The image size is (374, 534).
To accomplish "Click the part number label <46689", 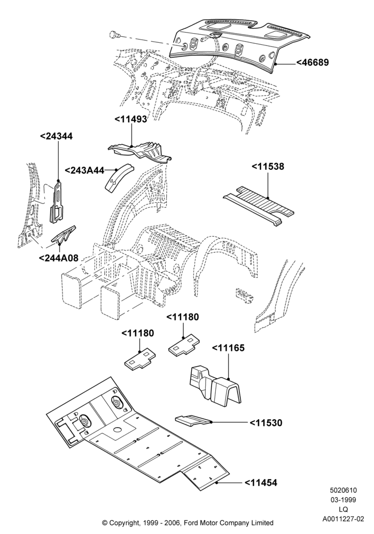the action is tap(313, 62).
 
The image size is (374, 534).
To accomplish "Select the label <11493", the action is tap(130, 119).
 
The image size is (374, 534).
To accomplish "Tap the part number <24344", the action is tap(56, 136).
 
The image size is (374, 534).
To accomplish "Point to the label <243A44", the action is tap(84, 170).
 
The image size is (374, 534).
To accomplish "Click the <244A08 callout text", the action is tap(59, 258).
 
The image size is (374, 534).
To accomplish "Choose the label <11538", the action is tap(268, 167).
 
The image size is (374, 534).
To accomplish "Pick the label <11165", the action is tap(228, 348).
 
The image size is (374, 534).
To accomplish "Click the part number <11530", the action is tap(266, 422).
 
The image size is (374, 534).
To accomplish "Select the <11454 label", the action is tap(261, 483).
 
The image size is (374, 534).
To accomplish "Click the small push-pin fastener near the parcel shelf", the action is tap(114, 34).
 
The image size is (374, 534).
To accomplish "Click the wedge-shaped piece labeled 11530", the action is tap(193, 420).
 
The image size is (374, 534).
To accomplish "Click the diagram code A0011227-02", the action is tap(344, 519).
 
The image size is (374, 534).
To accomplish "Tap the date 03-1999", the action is tap(344, 500).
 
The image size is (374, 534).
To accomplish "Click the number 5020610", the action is tap(344, 490).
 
